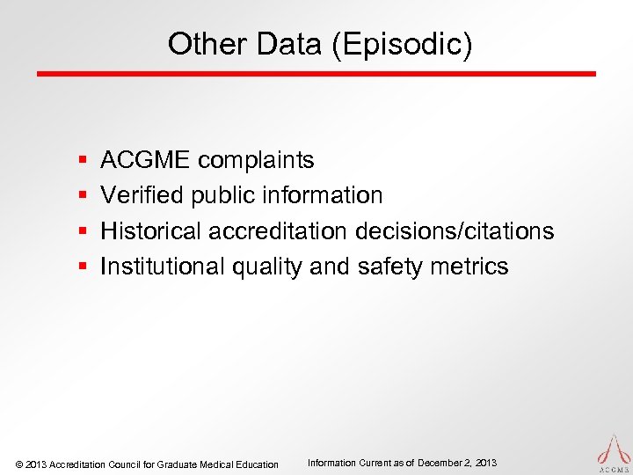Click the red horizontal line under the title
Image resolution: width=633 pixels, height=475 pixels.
coord(316,74)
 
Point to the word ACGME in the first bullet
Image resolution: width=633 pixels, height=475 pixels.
coord(145,160)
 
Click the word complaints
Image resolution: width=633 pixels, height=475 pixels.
coord(256,160)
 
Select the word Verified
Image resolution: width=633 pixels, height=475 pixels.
coord(141,195)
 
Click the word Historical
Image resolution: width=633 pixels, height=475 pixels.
coord(152,231)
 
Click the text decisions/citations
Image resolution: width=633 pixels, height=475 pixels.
coord(455,231)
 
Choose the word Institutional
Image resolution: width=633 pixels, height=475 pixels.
coord(163,267)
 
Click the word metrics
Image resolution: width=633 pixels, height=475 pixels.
coord(470,267)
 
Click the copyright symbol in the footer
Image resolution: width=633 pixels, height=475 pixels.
coord(19,464)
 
